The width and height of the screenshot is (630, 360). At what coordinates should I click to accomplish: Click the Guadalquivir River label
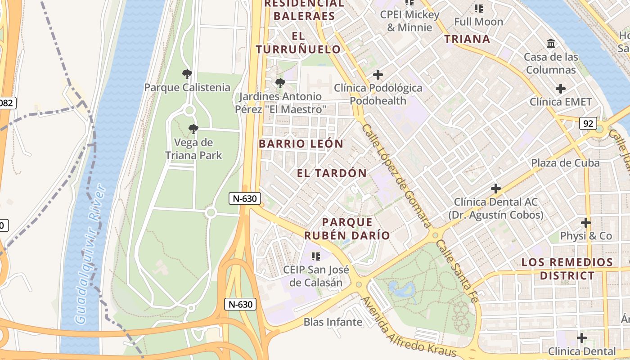click(x=90, y=254)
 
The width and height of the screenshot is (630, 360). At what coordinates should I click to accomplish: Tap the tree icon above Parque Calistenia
click(x=187, y=74)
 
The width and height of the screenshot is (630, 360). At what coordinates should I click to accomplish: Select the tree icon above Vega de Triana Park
click(x=193, y=130)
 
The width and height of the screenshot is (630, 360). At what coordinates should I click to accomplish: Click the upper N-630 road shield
click(x=245, y=198)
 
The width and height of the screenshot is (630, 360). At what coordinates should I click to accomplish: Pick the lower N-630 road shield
click(x=240, y=304)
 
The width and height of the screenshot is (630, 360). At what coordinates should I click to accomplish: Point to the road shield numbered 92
click(x=588, y=123)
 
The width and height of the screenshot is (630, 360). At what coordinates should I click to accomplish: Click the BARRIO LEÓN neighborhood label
click(x=301, y=144)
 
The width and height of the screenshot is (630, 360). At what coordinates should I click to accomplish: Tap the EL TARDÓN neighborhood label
click(x=332, y=173)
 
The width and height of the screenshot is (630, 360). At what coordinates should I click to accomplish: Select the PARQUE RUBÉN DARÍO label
click(x=347, y=229)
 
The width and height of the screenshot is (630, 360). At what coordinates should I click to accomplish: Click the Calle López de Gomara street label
click(x=396, y=175)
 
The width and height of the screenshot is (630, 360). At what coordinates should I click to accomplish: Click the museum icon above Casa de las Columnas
click(x=551, y=44)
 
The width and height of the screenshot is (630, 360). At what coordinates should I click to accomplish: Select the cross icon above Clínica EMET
click(x=560, y=89)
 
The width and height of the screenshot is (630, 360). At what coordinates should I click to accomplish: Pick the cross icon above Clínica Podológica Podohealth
click(x=378, y=74)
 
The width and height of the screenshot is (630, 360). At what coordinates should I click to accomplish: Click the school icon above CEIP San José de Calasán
click(x=316, y=256)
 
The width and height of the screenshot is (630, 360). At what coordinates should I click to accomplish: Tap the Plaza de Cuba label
click(x=565, y=163)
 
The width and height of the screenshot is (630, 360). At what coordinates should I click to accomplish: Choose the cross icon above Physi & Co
click(x=585, y=223)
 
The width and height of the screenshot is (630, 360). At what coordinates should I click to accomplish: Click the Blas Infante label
click(x=333, y=322)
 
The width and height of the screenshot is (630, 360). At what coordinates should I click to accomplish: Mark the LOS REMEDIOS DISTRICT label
click(x=567, y=269)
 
